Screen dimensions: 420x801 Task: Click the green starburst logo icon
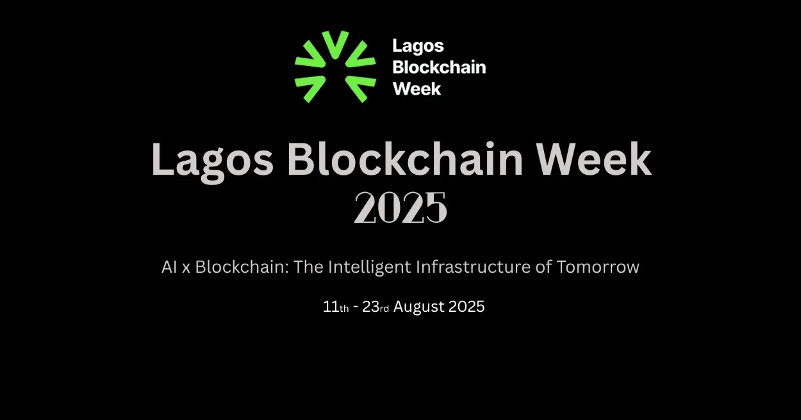tap(335, 67)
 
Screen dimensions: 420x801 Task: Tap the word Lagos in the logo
tap(418, 47)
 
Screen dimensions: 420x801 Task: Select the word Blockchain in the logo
tap(439, 67)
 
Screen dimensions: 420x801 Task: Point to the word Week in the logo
tap(417, 88)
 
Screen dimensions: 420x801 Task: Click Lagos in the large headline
tap(212, 160)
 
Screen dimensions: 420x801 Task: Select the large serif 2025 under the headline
tap(400, 208)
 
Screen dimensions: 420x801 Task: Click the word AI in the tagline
tap(169, 267)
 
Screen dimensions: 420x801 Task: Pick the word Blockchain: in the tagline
tap(242, 267)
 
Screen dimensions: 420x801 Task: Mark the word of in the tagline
tap(543, 267)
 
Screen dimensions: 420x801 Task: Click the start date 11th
tap(336, 307)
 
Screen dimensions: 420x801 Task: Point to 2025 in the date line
tap(467, 307)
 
